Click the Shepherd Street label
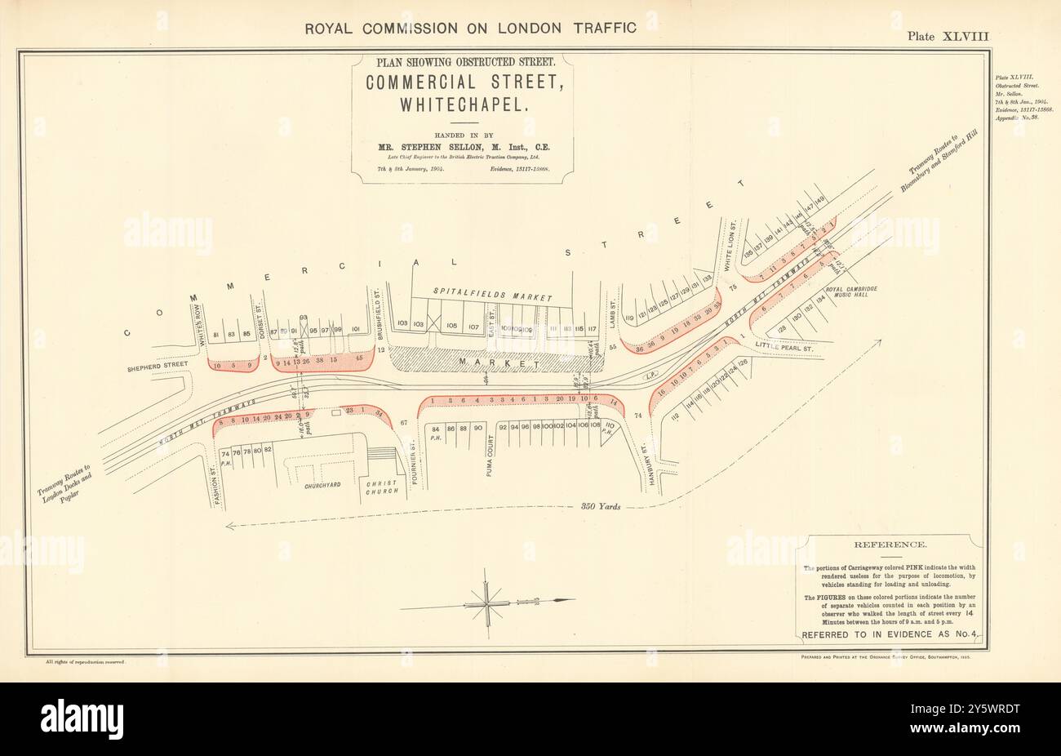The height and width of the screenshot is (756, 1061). [153, 368]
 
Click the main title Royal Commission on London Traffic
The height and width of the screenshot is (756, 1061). [470, 27]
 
